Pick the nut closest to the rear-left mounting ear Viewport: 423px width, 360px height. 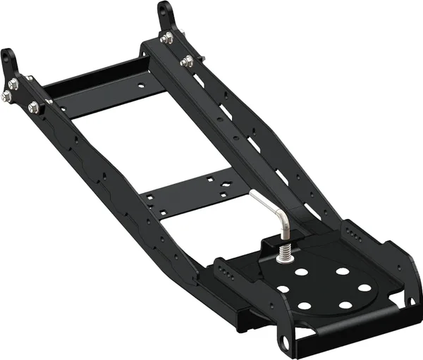tap(13, 85)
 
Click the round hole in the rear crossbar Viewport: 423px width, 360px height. tap(142, 88)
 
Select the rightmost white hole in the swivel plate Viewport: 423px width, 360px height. tap(365, 287)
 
